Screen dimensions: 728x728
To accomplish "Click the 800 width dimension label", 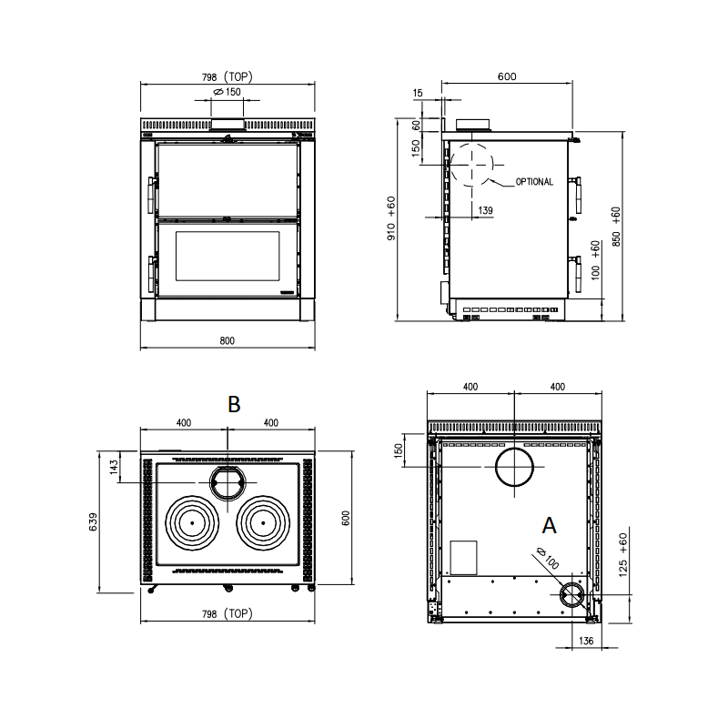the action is pos(227,340).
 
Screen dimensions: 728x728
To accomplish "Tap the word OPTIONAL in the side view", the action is pos(534,182).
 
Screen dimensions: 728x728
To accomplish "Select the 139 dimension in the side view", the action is pos(485,210).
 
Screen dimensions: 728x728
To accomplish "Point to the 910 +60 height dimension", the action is pos(391,218).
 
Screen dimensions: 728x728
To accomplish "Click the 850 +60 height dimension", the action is pos(616,226).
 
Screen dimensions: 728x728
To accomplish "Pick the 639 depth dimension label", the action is pos(94,521).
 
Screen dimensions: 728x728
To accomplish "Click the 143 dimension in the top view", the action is pos(115,466).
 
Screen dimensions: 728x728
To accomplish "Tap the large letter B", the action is pos(234,404).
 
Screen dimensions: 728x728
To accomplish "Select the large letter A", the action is pos(550,526).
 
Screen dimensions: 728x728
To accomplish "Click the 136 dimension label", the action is pos(586,641).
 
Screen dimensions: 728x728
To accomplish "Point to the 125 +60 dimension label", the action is pos(623,555).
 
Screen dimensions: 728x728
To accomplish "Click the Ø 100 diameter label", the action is pos(548,558).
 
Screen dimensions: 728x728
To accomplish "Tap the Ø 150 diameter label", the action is pos(227,92).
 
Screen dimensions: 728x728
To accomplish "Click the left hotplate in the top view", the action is pos(192,522).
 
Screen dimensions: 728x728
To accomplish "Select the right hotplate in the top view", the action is pos(263,522).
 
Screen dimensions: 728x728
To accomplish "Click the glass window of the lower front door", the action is pos(227,256).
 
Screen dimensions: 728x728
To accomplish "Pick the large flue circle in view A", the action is pos(514,467).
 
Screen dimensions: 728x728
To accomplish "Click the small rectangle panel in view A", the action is pos(464,557).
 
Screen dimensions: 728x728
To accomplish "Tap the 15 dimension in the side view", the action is pos(418,94).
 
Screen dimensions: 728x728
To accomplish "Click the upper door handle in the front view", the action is pos(150,195).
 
